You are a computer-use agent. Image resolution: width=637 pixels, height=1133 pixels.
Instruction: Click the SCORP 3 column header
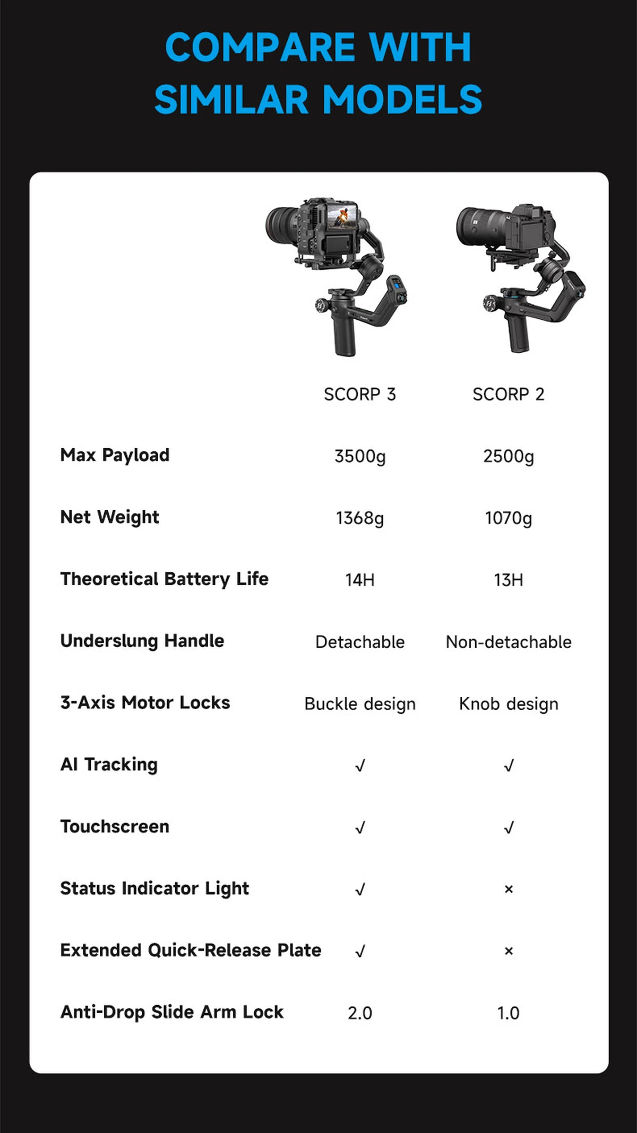tap(360, 394)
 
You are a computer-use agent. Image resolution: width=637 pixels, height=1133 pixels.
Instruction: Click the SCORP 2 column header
tap(509, 394)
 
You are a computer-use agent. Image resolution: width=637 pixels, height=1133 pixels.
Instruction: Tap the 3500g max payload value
tap(360, 456)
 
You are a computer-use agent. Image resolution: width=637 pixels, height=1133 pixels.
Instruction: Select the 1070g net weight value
tap(509, 518)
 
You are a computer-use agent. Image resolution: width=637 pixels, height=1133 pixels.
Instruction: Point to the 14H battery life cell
tap(360, 580)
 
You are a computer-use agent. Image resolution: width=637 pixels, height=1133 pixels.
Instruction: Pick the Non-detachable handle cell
tap(509, 642)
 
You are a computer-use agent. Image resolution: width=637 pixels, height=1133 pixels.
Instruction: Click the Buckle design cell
tap(360, 704)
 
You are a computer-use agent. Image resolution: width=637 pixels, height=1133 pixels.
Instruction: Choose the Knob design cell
tap(509, 704)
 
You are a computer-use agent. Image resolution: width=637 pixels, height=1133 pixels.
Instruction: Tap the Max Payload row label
tap(115, 455)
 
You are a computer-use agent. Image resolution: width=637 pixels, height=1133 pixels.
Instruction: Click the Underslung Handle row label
tap(142, 641)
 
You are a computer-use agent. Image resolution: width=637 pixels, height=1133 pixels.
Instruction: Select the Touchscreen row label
tap(115, 826)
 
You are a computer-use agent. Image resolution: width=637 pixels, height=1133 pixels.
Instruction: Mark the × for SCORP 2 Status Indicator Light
tap(509, 889)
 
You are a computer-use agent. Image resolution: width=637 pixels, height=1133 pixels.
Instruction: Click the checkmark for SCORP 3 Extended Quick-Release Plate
tap(360, 951)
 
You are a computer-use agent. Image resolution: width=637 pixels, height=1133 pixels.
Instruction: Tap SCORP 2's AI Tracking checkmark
tap(509, 765)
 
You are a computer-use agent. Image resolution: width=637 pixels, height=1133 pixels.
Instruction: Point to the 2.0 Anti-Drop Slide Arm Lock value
tap(360, 1013)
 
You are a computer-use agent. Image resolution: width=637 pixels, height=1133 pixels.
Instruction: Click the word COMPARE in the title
tap(260, 48)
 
